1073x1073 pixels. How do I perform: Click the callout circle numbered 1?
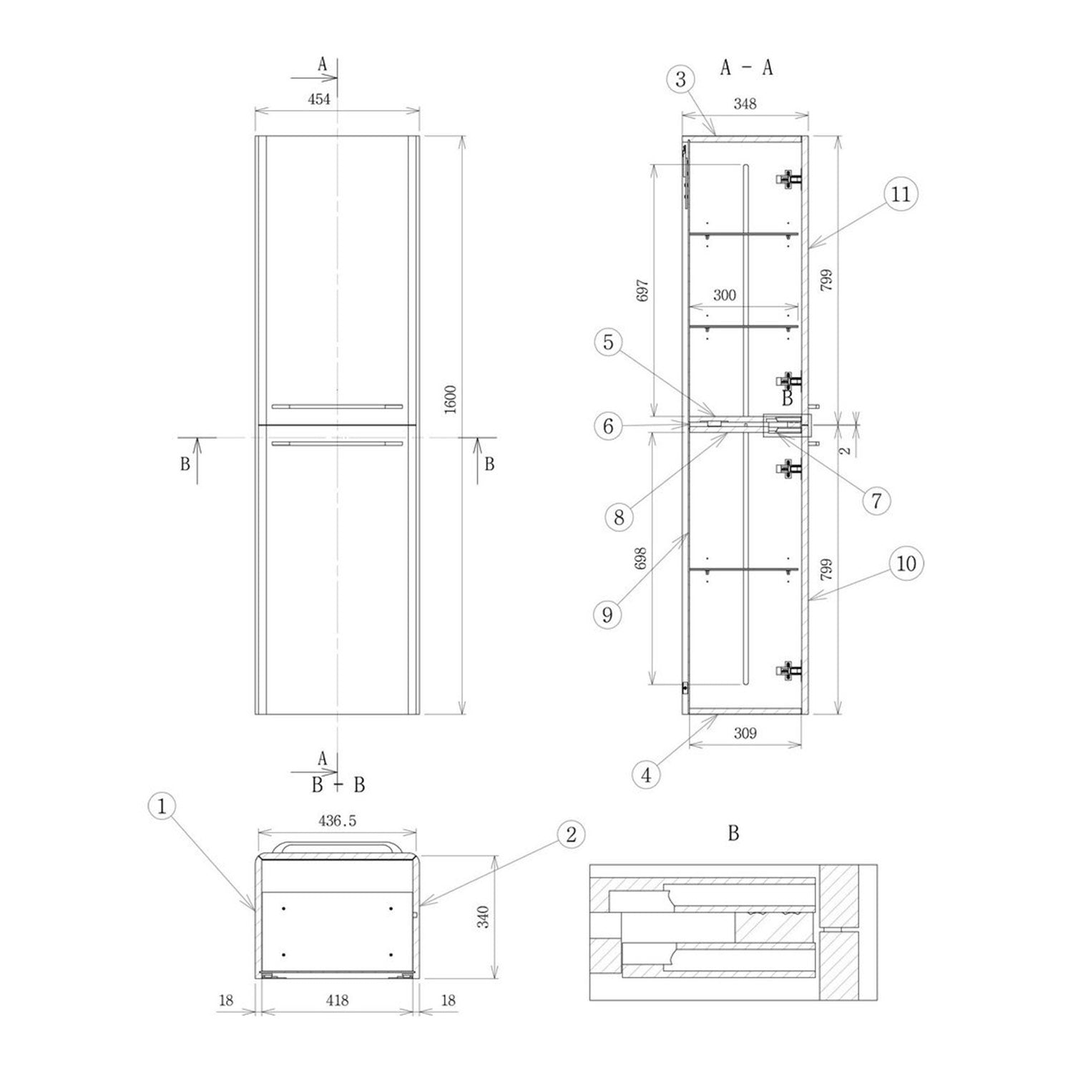[x=162, y=807]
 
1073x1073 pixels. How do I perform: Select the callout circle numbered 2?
[x=570, y=834]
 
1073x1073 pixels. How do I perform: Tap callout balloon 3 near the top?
[x=680, y=79]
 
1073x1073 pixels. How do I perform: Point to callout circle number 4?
[x=647, y=775]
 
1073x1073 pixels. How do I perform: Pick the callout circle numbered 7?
[x=876, y=501]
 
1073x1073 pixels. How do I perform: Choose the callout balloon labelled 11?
[x=901, y=194]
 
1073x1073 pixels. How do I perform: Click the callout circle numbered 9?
[x=607, y=615]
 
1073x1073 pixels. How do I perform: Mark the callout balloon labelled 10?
[x=906, y=564]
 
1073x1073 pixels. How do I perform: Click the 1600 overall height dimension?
[x=450, y=399]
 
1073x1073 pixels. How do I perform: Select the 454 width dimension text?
[x=319, y=99]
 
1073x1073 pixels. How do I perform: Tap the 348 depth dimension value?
[x=745, y=104]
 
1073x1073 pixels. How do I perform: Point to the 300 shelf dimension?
[x=724, y=295]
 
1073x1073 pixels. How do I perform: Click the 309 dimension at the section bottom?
[x=745, y=733]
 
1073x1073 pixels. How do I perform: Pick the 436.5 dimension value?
[x=337, y=821]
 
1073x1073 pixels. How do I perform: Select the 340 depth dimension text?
[x=484, y=916]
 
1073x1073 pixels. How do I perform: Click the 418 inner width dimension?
[x=337, y=1000]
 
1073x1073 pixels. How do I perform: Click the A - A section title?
[x=746, y=68]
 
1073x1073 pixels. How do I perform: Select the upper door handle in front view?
[x=335, y=406]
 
